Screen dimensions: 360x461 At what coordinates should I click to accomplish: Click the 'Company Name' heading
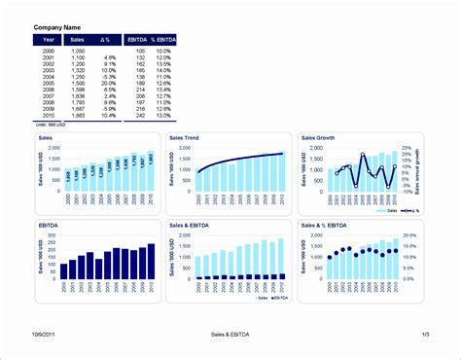pos(57,28)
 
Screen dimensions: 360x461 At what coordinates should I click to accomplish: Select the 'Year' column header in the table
pos(49,41)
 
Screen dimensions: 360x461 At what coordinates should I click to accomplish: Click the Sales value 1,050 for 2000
pos(78,51)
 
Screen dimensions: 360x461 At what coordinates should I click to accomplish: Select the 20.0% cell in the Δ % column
pos(109,84)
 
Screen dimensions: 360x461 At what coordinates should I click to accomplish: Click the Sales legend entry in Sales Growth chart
pos(389,211)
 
